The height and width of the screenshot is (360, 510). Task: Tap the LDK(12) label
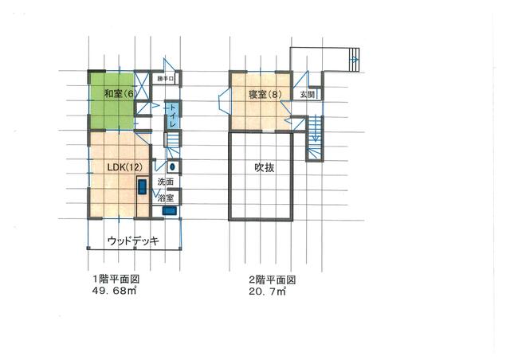point(124,166)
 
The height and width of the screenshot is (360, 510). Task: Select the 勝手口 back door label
point(165,79)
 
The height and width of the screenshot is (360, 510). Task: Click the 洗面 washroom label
point(165,182)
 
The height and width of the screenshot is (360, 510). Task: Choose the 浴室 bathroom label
point(166,197)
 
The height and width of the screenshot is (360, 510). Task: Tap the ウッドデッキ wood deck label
point(134,241)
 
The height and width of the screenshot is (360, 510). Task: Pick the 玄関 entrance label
point(308,94)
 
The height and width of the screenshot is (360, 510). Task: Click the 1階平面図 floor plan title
point(115,280)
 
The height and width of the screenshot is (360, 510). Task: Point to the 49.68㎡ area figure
point(116,292)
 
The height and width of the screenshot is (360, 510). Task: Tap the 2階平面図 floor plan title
point(273,280)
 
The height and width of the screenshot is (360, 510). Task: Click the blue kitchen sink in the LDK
point(142,188)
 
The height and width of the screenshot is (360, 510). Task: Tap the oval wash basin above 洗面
point(172,166)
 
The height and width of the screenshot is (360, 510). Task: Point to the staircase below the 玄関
point(314,135)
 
